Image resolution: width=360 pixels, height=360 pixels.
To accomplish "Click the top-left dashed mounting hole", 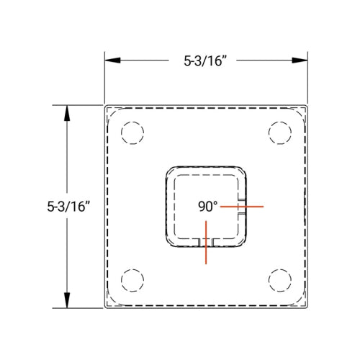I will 132,133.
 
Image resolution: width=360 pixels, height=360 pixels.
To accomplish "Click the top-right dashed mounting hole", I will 279,133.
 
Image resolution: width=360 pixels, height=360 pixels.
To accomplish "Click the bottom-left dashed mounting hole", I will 132,279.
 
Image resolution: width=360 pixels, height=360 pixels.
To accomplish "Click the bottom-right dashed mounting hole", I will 279,279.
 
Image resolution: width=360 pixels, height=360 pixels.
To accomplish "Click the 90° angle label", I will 207,206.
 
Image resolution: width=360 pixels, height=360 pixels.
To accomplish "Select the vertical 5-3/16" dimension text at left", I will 69,206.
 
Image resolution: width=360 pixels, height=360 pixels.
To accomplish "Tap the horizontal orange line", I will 242,207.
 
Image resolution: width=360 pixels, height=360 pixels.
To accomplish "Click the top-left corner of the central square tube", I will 170,170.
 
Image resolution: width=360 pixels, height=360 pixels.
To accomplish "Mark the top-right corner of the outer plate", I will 307,106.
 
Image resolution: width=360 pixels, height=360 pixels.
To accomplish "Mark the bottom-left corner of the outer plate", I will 105,308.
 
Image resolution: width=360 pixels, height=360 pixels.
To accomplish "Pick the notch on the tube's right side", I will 245,207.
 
